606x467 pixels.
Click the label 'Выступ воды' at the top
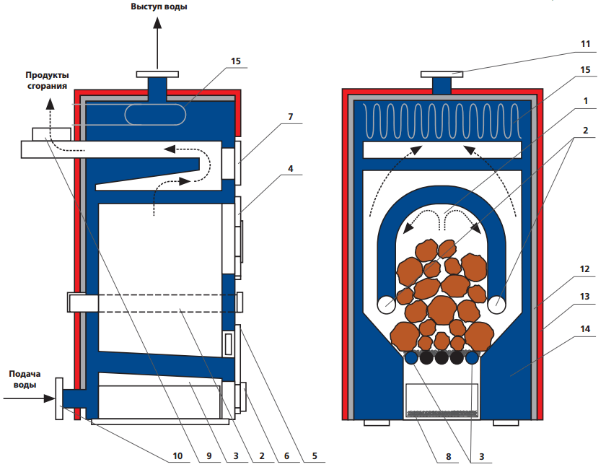click(x=159, y=7)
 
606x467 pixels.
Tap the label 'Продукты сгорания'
click(x=48, y=80)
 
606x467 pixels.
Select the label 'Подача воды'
click(x=26, y=380)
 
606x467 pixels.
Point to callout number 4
click(x=290, y=170)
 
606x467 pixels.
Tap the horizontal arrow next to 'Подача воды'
click(x=29, y=397)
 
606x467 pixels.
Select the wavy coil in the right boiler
click(x=442, y=121)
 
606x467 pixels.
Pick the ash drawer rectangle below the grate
click(x=442, y=401)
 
